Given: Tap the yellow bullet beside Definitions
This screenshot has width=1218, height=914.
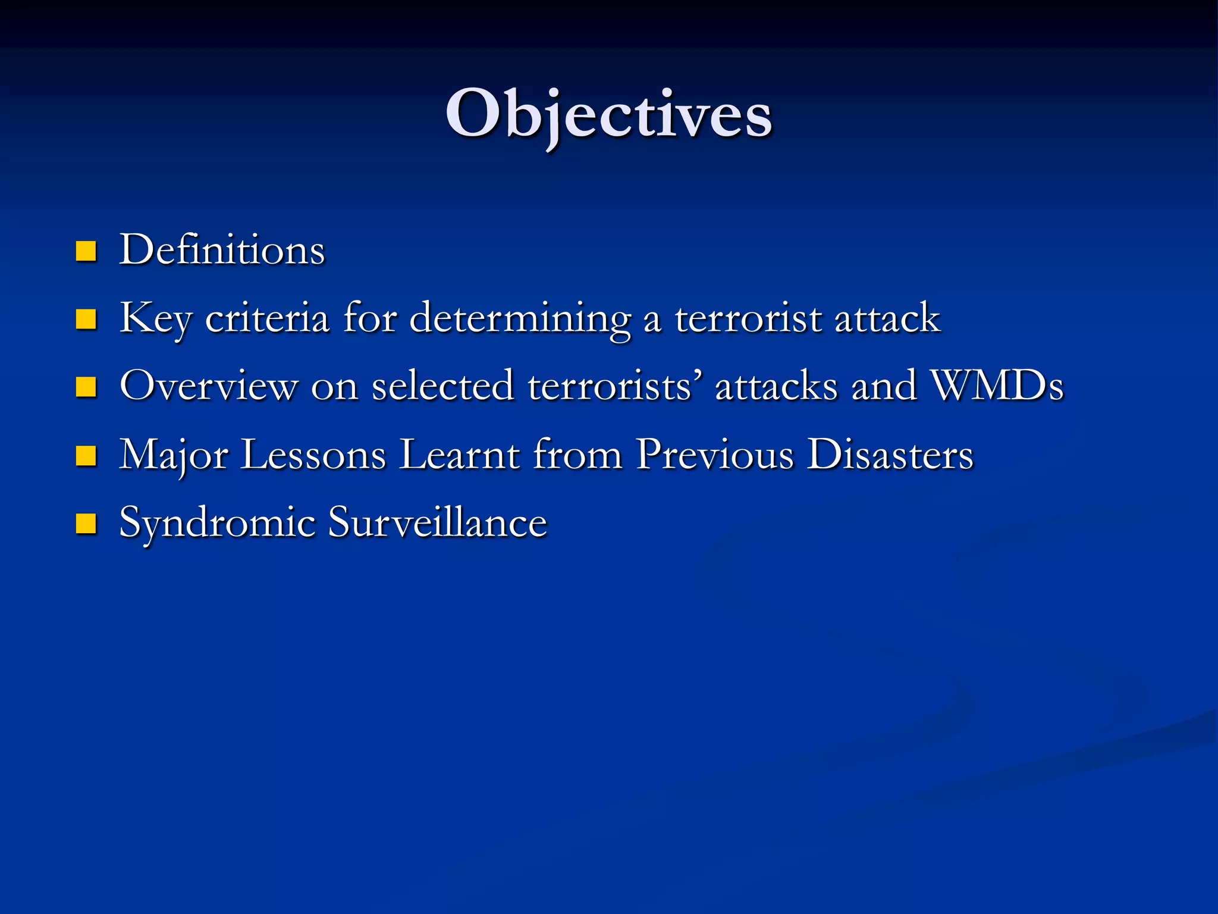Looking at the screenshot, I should [86, 251].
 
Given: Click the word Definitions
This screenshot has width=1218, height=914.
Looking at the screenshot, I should [222, 250].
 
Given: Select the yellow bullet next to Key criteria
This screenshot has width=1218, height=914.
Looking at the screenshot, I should [86, 320].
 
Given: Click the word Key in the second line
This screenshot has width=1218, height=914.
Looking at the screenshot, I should [155, 318].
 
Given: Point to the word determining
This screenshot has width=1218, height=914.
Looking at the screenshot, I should [520, 318].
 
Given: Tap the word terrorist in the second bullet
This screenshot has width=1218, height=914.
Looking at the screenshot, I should [748, 318].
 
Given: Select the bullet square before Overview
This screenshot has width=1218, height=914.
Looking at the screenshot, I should [86, 387].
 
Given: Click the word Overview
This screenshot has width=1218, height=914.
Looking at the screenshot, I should [208, 386].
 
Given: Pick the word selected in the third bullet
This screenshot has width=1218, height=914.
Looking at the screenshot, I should [442, 386].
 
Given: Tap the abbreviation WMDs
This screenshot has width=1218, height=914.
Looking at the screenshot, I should [996, 386].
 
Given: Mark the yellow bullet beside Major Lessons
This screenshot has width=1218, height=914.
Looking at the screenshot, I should [86, 456].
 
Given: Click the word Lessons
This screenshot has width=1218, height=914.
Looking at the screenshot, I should [313, 455].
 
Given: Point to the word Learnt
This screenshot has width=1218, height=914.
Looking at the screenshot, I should [459, 455].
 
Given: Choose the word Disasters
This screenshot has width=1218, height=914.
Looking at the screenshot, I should [890, 455].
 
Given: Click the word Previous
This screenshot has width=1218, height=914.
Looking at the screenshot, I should [714, 455].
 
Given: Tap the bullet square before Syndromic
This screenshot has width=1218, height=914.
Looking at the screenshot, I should [86, 524].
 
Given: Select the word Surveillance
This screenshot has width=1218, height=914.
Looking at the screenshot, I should [437, 523].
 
